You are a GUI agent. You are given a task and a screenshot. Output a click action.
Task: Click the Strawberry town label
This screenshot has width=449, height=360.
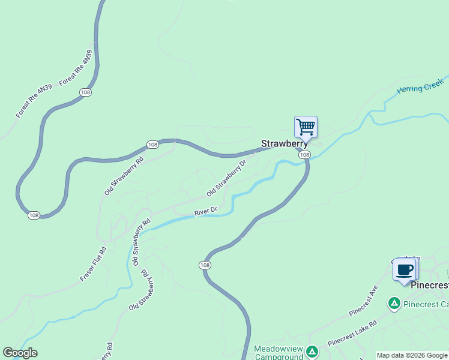pos(284,144)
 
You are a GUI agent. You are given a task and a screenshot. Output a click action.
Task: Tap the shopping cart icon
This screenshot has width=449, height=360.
pos(306,127)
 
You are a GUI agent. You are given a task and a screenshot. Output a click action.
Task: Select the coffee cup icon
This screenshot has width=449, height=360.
pos(404,269)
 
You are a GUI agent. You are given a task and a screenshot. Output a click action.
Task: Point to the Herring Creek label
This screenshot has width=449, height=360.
pos(420,88)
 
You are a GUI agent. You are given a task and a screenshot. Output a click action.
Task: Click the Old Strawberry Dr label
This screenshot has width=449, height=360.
pos(226,178)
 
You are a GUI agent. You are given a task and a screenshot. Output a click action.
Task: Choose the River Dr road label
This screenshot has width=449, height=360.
pos(205,211)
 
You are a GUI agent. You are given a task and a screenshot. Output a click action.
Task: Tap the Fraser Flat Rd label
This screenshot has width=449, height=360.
pos(93,265)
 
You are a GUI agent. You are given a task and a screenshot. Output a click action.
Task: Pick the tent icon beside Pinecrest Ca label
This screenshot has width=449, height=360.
pos(394,304)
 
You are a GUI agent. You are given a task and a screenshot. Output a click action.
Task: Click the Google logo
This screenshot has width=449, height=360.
pos(20,353)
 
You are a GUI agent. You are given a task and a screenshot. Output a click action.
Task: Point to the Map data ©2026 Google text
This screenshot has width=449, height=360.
pos(412,355)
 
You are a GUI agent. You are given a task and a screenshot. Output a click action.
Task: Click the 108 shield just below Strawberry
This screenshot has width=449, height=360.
pos(304,155)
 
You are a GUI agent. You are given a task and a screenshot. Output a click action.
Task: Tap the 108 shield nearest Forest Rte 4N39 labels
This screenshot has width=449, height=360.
pos(85,92)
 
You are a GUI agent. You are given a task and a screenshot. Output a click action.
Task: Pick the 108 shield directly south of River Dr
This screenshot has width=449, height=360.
pos(205,265)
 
